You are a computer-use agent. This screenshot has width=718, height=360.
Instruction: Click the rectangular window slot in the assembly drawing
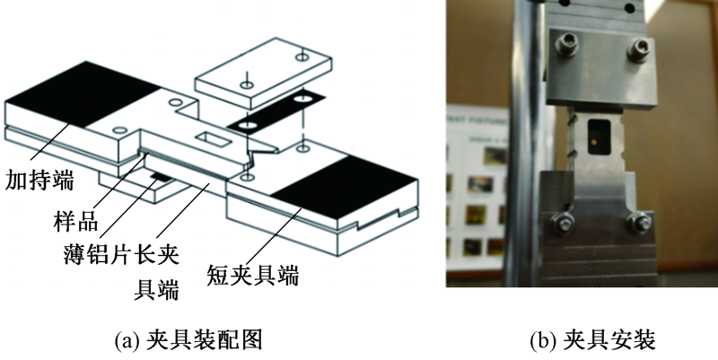[x=215, y=139]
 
